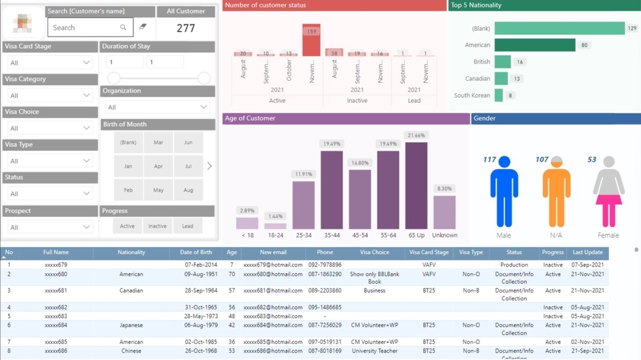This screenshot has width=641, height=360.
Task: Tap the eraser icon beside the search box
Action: coord(142,27)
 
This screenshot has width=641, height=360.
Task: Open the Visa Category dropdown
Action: coord(49,96)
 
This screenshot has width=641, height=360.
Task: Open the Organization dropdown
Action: coord(157,107)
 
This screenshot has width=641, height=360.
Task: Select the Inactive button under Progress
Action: coord(158,226)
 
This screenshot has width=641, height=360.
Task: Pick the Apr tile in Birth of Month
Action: coord(158,166)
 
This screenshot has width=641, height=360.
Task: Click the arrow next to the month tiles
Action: coord(209,166)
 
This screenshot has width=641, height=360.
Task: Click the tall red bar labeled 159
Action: coord(311,41)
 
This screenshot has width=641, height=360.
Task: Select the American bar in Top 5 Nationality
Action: coord(535,45)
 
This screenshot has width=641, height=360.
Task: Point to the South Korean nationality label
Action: coord(471,96)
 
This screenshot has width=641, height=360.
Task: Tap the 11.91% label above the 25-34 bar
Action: coord(304,174)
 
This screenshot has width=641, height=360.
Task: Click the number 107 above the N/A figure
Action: coord(542,160)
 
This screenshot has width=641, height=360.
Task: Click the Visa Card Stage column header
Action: coord(429,252)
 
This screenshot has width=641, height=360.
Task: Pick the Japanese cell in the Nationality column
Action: coord(132,325)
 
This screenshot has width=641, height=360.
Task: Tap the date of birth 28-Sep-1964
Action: coord(196,291)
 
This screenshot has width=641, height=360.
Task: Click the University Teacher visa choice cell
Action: coord(374,351)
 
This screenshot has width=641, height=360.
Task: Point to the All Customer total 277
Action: coord(186,28)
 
